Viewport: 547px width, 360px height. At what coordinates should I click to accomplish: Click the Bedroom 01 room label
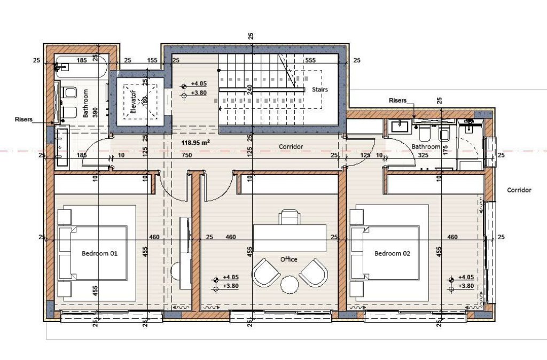coord(99,253)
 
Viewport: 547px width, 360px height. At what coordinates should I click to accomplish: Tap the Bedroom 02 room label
coord(392,253)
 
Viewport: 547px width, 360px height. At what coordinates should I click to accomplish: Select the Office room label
coord(289,259)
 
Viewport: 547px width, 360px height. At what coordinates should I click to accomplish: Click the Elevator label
coord(133,102)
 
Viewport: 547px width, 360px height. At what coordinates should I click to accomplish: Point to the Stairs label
coord(320,89)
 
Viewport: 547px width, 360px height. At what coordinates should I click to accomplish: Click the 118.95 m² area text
coord(196,142)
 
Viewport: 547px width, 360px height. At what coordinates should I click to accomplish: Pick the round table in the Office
coord(290,285)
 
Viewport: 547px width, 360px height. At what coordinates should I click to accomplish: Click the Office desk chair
coord(289,217)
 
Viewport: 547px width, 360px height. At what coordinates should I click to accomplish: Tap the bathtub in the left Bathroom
coord(81,67)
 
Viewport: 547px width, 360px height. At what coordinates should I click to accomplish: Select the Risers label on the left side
coord(24,119)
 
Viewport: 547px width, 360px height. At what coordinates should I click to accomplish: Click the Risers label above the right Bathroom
coord(397,100)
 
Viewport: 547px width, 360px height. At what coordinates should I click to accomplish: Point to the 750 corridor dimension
coord(187,155)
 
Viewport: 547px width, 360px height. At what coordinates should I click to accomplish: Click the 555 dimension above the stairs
coord(310,60)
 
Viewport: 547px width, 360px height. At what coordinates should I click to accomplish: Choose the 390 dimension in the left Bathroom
coord(95,112)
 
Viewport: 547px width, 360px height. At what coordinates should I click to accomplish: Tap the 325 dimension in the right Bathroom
coord(423,155)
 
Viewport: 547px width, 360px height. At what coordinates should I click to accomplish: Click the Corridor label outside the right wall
coord(519,190)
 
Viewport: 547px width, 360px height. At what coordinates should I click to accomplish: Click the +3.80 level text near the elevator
coord(199,93)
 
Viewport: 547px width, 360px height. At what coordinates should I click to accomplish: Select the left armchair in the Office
coord(266,272)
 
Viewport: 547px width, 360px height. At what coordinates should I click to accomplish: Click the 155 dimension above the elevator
coord(152,60)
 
